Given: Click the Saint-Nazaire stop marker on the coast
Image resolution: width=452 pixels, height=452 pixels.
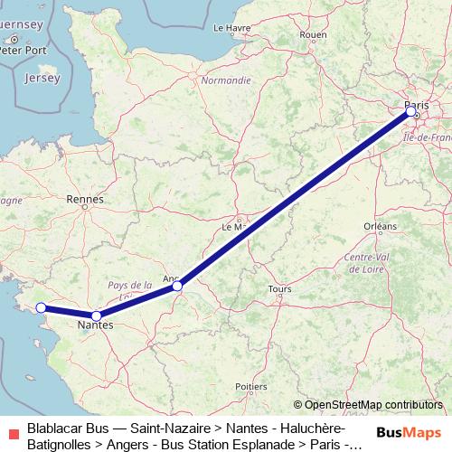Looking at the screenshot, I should (x=41, y=307).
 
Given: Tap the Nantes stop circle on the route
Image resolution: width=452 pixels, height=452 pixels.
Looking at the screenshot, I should (x=97, y=315).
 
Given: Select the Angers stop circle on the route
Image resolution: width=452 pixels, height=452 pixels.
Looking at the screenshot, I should (x=179, y=286).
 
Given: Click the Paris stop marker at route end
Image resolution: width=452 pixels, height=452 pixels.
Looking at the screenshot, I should (x=411, y=112).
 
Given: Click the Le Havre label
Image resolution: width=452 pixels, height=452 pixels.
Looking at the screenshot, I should (x=231, y=28).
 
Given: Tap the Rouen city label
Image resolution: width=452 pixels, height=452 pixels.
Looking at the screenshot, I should (x=313, y=35).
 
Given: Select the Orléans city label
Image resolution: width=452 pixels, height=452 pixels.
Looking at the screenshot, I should (x=380, y=225).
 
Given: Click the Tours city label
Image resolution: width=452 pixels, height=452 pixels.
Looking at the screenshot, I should (x=279, y=289).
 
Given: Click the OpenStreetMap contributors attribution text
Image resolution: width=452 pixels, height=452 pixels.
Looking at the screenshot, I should (x=373, y=405).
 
